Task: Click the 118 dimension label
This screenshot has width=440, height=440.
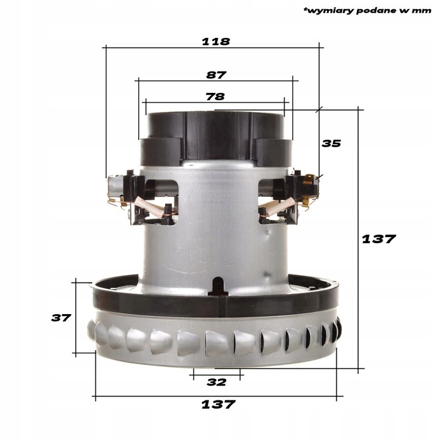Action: (x=216, y=42)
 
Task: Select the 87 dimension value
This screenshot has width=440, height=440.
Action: (x=216, y=75)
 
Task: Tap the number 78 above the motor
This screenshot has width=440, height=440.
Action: (x=215, y=96)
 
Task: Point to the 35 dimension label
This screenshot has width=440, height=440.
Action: (x=331, y=144)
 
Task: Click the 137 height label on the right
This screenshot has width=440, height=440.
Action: (x=379, y=239)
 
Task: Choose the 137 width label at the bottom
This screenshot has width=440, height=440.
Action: (x=218, y=405)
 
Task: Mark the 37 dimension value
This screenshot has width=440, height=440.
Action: (x=61, y=318)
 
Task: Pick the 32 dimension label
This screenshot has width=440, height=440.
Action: (x=216, y=382)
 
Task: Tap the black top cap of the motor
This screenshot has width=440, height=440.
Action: (x=215, y=131)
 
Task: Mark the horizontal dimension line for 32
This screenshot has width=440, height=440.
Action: (x=217, y=370)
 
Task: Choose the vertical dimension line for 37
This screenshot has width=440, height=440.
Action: (x=75, y=318)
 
